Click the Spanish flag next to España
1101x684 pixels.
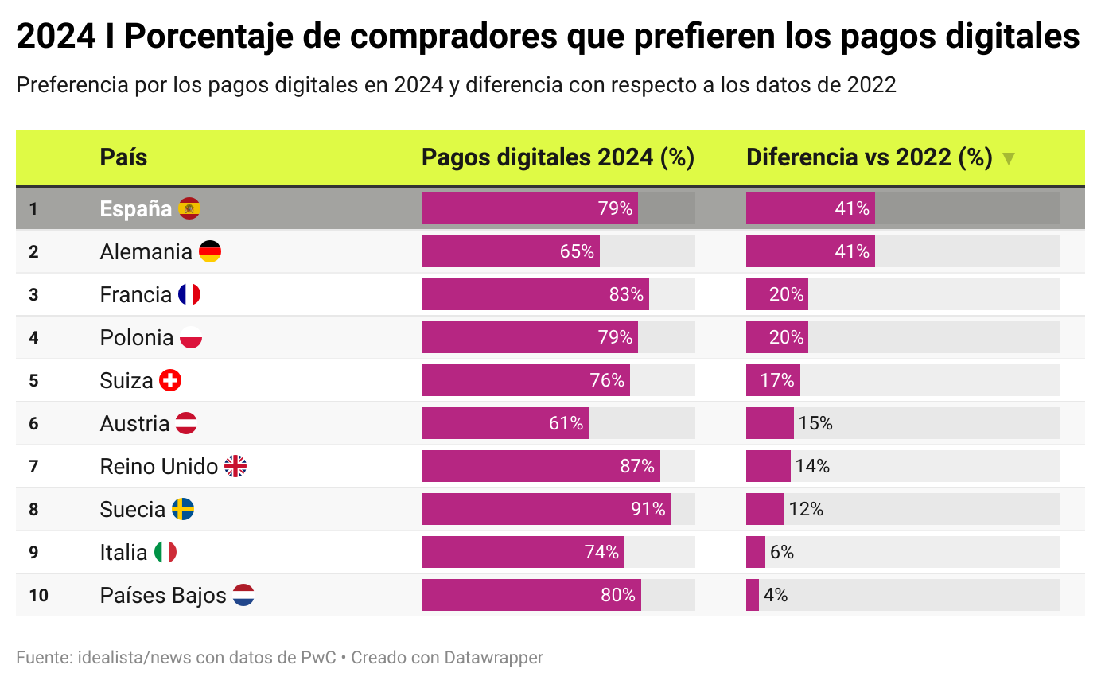[x=189, y=208]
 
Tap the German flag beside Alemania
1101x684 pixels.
[x=210, y=251]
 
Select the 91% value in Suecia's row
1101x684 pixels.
[x=648, y=509]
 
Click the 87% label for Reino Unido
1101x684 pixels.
[x=637, y=466]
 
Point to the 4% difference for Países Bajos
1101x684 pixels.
[x=775, y=595]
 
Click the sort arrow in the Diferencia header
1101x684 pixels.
[x=1009, y=158]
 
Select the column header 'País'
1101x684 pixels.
[x=123, y=157]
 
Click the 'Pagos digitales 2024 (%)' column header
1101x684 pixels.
[x=558, y=157]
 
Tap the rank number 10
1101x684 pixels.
[x=38, y=595]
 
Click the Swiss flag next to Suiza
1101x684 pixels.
[x=170, y=380]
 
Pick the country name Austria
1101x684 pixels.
[x=134, y=423]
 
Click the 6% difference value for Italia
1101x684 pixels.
[x=781, y=552]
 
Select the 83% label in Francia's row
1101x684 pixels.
[x=626, y=294]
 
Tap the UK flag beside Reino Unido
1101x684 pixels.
[x=235, y=466]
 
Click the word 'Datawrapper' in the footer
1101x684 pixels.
[x=493, y=658]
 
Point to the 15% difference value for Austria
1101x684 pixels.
[x=815, y=423]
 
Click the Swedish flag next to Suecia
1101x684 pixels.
[x=183, y=509]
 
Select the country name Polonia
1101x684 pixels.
[x=136, y=337]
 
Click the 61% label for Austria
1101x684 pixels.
[x=566, y=423]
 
